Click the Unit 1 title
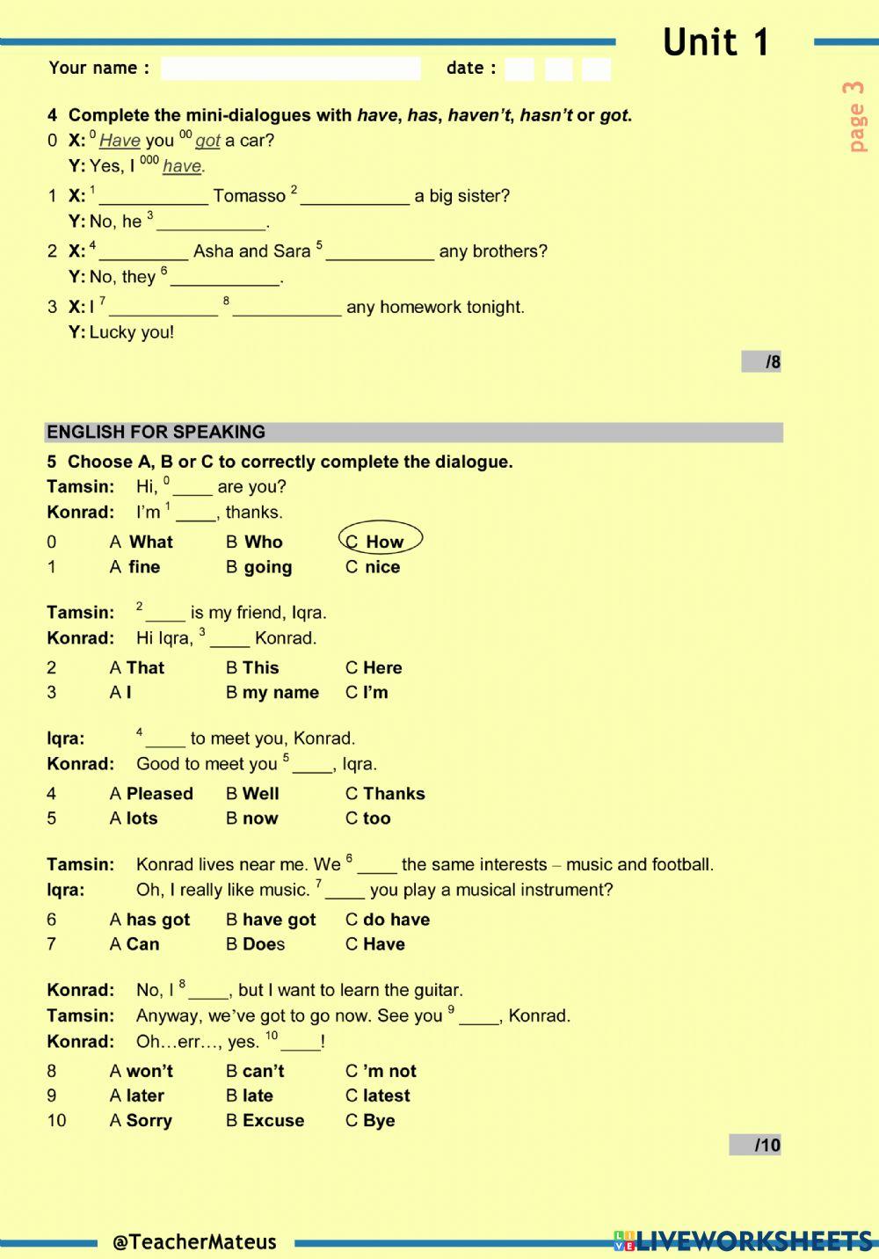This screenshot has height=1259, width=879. tap(716, 42)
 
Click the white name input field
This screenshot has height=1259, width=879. tap(291, 69)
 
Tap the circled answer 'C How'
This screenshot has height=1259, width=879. tap(381, 541)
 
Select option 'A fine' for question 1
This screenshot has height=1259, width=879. tap(135, 567)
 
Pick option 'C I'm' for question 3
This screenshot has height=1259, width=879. tap(367, 692)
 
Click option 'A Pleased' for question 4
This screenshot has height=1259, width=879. tap(151, 793)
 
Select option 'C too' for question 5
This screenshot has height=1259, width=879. tap(368, 818)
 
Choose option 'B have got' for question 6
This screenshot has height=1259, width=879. tap(271, 920)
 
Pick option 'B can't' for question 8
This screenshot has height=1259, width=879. tap(255, 1071)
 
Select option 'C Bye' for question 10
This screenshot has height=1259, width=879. tap(370, 1120)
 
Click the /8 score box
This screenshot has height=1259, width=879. tap(761, 361)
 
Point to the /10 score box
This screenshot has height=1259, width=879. tap(755, 1145)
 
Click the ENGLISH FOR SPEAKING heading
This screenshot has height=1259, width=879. tap(156, 432)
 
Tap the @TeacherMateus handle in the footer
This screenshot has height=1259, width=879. tap(194, 1241)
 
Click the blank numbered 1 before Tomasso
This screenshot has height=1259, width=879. tap(153, 196)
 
